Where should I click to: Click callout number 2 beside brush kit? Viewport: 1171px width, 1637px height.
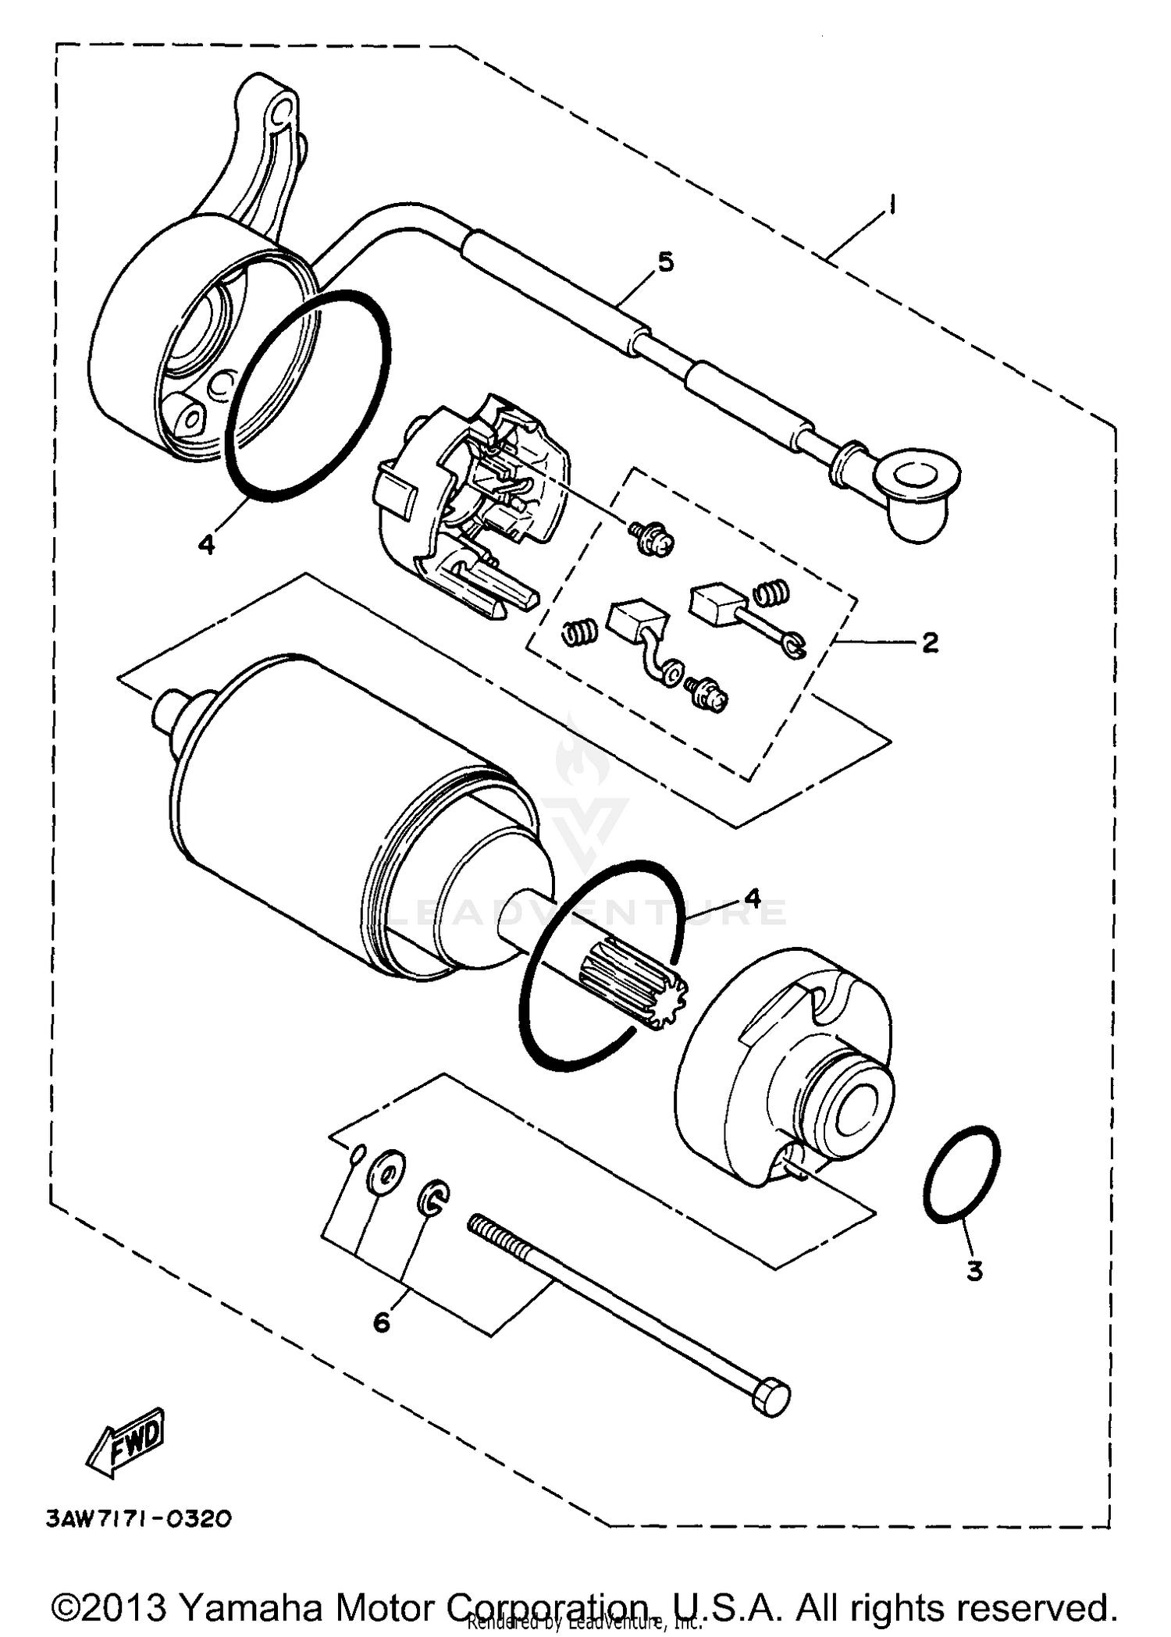pos(929,642)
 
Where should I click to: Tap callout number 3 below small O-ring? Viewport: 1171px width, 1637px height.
pos(973,1271)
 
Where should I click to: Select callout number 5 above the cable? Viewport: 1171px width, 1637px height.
pos(664,262)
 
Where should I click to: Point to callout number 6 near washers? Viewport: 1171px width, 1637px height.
pos(381,1322)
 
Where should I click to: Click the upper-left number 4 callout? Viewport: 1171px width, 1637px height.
pos(206,544)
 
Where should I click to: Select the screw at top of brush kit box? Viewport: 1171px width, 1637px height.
pos(650,539)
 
